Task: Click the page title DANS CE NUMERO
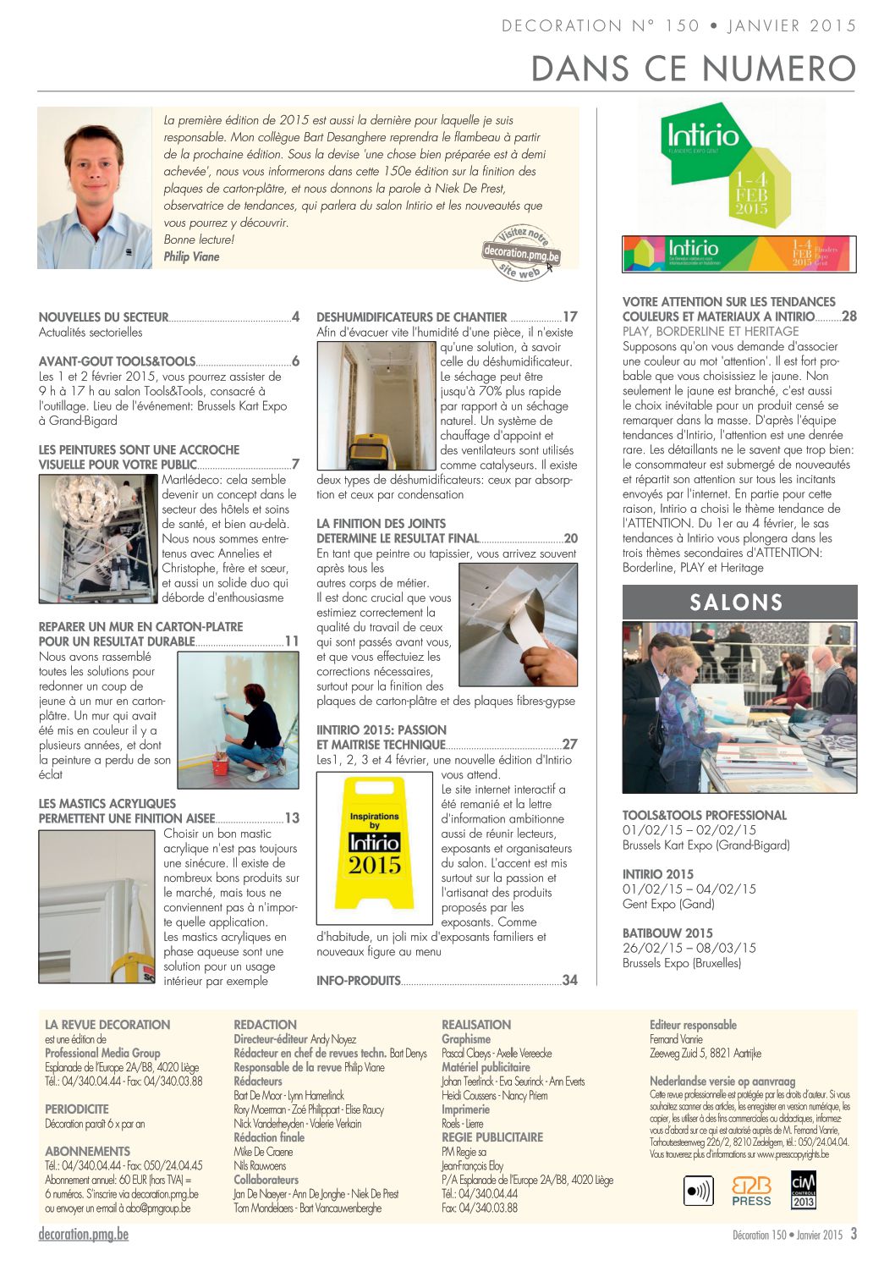point(694,69)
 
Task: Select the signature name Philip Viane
point(191,256)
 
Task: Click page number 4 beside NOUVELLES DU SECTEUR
point(295,317)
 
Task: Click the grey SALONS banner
point(739,603)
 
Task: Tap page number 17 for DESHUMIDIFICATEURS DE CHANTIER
point(570,317)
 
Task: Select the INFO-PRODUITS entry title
point(358,981)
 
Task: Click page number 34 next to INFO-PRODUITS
point(570,981)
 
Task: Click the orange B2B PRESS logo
point(751,1191)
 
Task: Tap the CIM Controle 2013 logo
point(803,1190)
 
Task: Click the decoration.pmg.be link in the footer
point(84,1234)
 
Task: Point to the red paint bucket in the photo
point(220,767)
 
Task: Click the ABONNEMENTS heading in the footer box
point(88,1152)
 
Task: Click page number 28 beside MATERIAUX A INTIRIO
point(849,316)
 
